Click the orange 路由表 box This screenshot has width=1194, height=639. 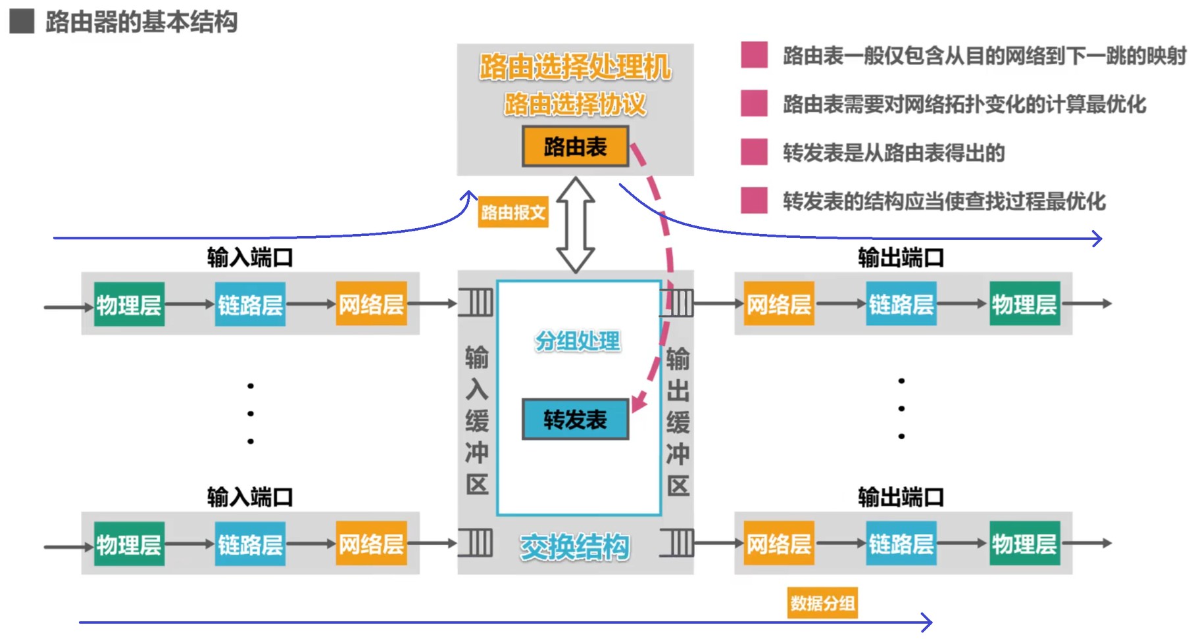(575, 147)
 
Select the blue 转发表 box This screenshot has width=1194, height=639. (575, 419)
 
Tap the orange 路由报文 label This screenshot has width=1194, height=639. (512, 212)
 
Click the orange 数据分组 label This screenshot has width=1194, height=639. (822, 603)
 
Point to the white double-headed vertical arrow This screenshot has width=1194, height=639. (576, 225)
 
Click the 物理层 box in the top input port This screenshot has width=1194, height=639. (129, 304)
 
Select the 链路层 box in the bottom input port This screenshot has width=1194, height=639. (250, 544)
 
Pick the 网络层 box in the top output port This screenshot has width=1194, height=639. (779, 304)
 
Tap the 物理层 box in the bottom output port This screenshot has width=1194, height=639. (1024, 544)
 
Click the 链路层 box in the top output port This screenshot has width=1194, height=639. (901, 304)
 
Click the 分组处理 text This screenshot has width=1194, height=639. (578, 341)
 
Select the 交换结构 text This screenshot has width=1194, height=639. (575, 547)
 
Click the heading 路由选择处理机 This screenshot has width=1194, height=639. (575, 67)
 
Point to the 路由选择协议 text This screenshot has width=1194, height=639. (575, 104)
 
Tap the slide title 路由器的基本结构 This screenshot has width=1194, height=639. (141, 22)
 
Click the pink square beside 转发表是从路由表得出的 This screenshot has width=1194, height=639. (754, 152)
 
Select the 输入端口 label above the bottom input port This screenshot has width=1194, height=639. (250, 497)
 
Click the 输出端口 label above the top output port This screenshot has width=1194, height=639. (901, 258)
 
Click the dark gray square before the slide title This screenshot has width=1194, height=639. (22, 21)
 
